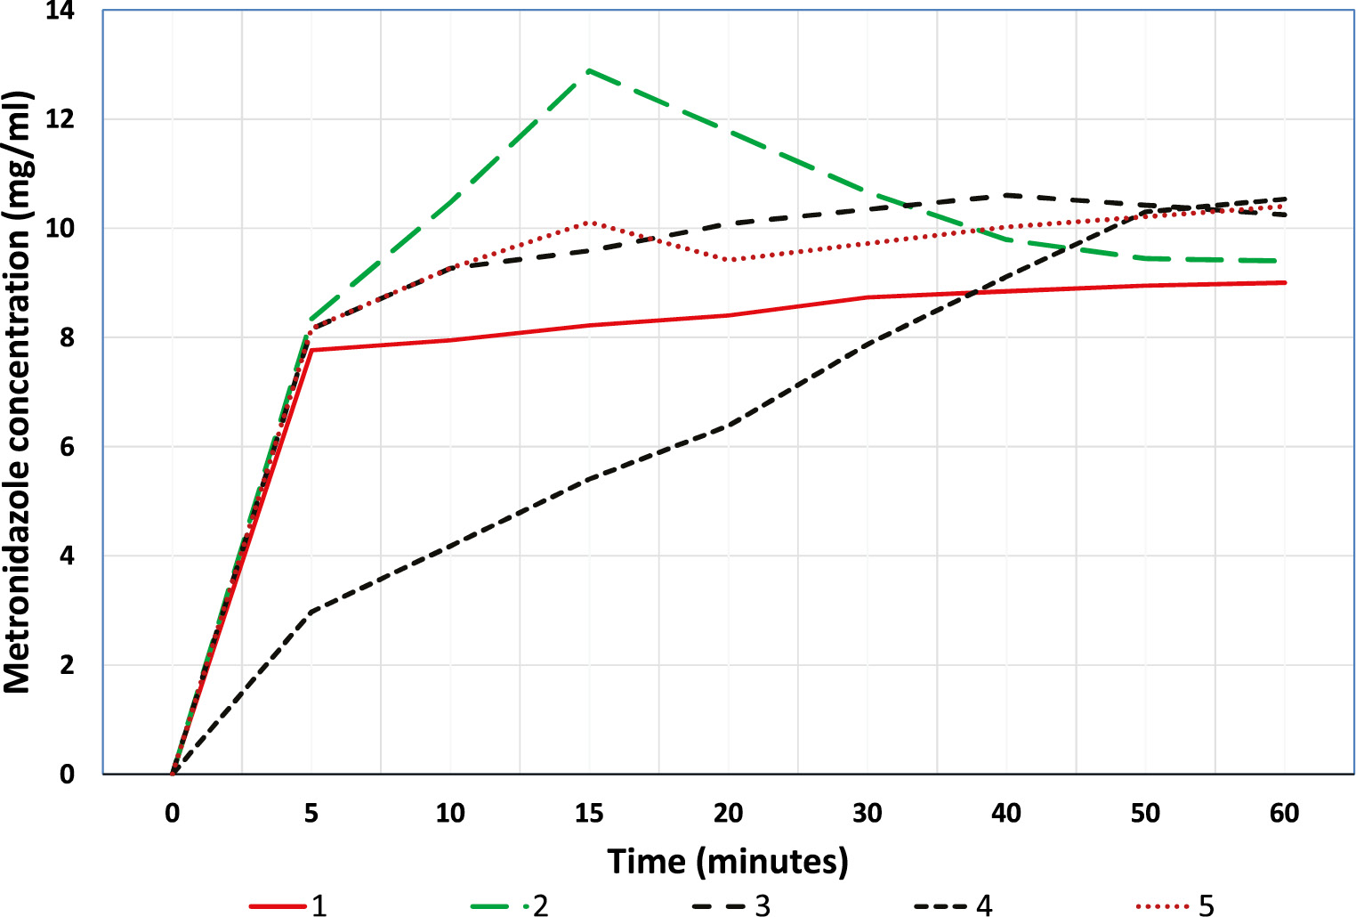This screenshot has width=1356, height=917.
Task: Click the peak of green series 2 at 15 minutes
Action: (589, 69)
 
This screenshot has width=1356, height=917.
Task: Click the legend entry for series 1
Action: (289, 905)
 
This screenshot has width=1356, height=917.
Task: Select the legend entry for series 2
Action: (510, 905)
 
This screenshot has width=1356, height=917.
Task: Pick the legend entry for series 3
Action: (731, 905)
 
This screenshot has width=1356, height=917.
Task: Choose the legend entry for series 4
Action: (953, 905)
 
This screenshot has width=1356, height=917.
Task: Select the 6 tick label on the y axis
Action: (67, 447)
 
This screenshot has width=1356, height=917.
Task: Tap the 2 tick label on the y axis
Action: (67, 666)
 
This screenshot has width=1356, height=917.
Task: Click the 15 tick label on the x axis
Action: (589, 813)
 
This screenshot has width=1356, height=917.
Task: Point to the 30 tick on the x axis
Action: (868, 813)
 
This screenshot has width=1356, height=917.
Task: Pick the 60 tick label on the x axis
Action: (1285, 813)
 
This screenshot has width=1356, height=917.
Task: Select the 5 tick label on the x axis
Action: (311, 813)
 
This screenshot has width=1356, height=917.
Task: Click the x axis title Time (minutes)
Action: (728, 861)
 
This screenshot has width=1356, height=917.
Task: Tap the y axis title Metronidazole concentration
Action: (18, 392)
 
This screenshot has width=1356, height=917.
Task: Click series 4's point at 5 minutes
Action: (311, 613)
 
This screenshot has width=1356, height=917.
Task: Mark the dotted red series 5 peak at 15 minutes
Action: (589, 222)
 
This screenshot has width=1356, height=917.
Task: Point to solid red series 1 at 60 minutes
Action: (1285, 282)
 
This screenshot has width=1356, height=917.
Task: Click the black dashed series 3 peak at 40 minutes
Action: (1006, 194)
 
